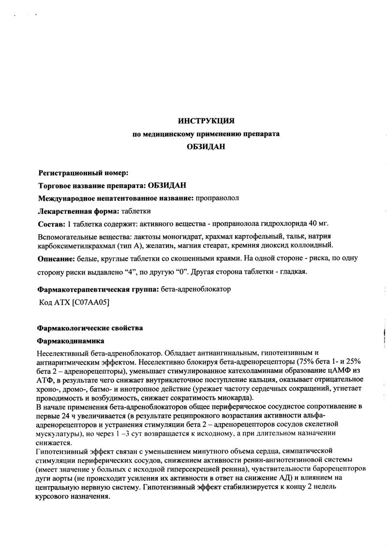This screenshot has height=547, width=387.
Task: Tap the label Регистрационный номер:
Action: tap(83, 173)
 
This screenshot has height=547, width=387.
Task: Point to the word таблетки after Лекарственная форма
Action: tap(136, 211)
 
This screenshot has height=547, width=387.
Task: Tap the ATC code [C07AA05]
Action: tap(90, 302)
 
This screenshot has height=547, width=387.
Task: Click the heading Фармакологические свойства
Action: tap(90, 328)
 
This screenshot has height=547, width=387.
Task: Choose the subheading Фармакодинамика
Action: tap(70, 341)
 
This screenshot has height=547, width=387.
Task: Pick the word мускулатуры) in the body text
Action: tap(58, 434)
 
